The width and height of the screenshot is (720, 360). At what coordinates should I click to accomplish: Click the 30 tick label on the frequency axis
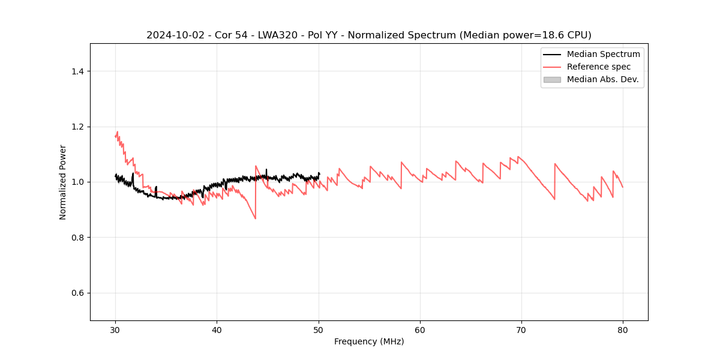[115, 329]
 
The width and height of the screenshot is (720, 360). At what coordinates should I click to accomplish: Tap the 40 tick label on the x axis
[217, 329]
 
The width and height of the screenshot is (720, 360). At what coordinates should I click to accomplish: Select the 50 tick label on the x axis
[319, 329]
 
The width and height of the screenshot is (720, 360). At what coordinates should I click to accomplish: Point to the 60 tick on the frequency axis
[420, 329]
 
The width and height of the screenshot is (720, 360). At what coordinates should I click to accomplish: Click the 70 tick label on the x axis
[521, 329]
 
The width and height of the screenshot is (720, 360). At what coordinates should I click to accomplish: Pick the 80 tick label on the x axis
[623, 329]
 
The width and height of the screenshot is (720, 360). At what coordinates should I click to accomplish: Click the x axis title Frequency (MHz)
[369, 341]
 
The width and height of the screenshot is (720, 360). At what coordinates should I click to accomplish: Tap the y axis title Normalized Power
[63, 182]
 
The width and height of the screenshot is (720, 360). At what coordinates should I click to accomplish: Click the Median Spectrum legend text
[603, 54]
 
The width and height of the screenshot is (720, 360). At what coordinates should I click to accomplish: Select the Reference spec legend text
[599, 67]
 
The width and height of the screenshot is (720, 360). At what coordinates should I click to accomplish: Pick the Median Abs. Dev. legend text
[602, 79]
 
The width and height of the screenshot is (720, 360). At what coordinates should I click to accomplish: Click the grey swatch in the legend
[552, 79]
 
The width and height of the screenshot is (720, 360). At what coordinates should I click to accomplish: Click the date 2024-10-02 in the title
[170, 35]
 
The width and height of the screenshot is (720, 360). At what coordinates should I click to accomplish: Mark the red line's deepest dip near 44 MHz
[255, 218]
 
